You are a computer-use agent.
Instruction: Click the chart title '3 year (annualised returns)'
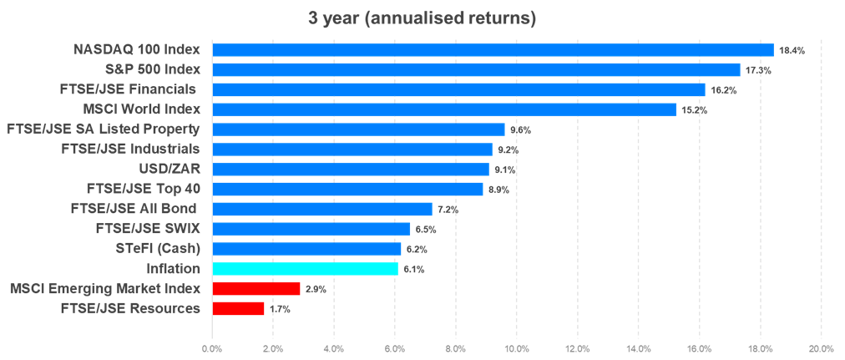[422, 18]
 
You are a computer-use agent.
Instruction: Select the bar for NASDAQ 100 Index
[493, 49]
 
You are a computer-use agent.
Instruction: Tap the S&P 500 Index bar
[476, 69]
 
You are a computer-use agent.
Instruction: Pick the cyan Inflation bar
[305, 269]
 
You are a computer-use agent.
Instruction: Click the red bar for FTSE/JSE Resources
[239, 309]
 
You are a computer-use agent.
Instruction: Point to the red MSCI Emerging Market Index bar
[256, 289]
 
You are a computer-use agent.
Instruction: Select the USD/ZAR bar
[351, 170]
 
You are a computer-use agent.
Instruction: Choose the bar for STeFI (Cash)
[306, 249]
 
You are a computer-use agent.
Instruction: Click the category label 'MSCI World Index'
[142, 109]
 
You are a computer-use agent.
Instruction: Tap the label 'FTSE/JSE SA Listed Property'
[103, 129]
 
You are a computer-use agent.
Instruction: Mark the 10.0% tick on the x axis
[517, 348]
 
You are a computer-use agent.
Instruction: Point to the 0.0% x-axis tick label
[213, 348]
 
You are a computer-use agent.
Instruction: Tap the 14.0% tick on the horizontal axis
[639, 348]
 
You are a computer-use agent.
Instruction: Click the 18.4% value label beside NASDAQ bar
[792, 50]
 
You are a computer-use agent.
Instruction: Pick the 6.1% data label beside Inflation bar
[415, 270]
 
